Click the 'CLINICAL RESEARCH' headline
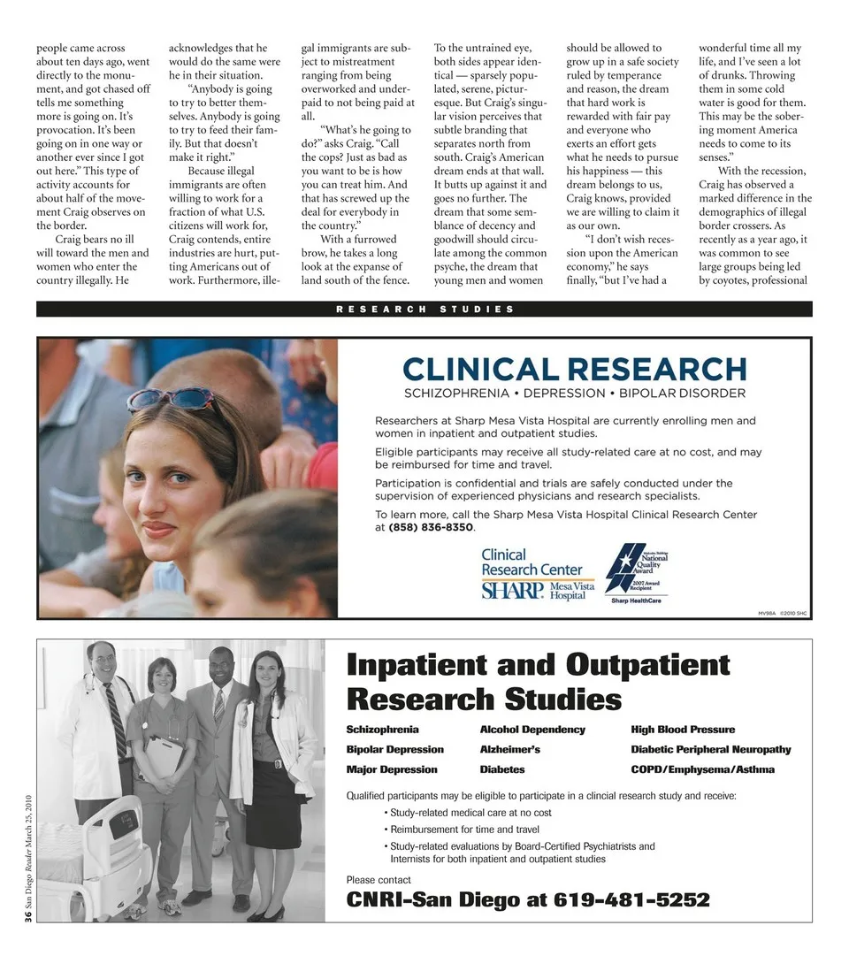(x=575, y=368)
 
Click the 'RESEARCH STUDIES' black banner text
(x=424, y=309)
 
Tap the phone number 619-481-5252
(x=631, y=900)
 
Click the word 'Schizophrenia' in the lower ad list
(x=382, y=730)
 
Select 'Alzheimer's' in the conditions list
(x=509, y=749)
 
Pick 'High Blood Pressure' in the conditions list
(x=683, y=730)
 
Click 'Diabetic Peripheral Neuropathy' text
(x=711, y=749)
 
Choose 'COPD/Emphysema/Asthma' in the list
(x=702, y=769)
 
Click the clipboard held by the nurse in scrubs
(x=164, y=757)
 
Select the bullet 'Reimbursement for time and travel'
(x=464, y=830)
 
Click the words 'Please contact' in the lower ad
(x=379, y=880)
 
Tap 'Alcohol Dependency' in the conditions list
(x=532, y=730)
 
